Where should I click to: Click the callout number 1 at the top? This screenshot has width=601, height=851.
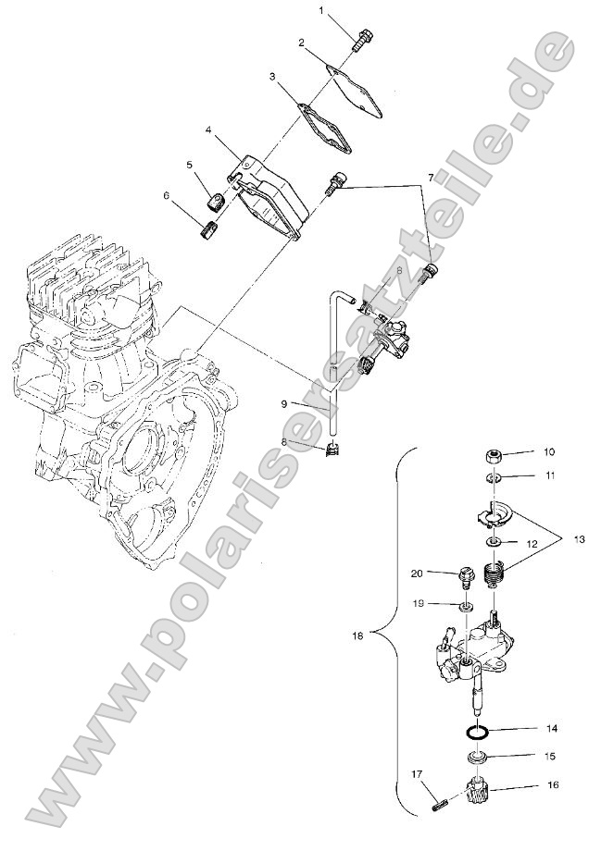pos(322,10)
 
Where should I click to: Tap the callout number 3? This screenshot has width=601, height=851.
pos(272,78)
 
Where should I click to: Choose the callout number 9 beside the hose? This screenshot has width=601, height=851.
pos(286,403)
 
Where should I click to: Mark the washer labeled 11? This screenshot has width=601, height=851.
pos(495,478)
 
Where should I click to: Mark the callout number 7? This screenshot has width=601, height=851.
pos(429,176)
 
